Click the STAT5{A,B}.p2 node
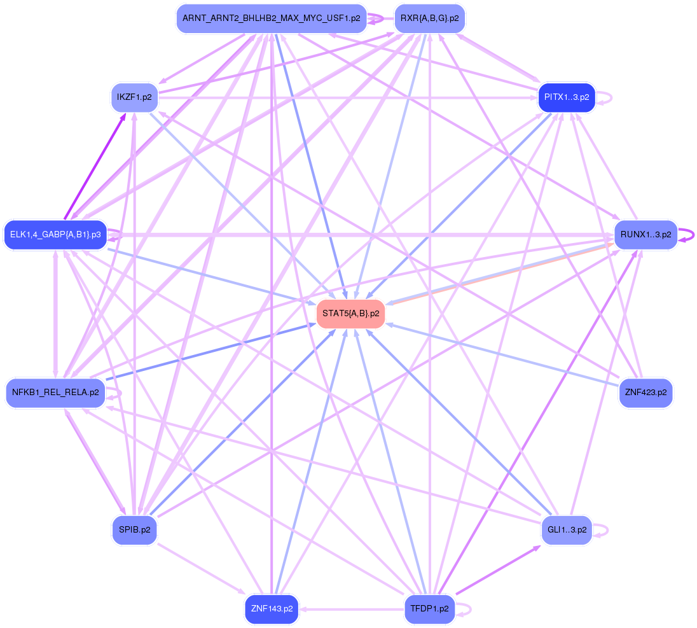pyautogui.click(x=350, y=314)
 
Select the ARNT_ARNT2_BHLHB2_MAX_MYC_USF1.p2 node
pyautogui.click(x=272, y=18)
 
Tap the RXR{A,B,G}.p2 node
pyautogui.click(x=431, y=18)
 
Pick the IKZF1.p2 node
pyautogui.click(x=134, y=97)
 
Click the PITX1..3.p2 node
pyautogui.click(x=567, y=97)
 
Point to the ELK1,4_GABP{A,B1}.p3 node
pyautogui.click(x=55, y=235)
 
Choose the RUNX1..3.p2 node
pyautogui.click(x=645, y=235)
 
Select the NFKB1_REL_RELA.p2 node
pyautogui.click(x=55, y=393)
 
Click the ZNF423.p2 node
pyautogui.click(x=645, y=393)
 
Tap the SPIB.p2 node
pyautogui.click(x=134, y=529)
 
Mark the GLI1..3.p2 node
pyautogui.click(x=567, y=529)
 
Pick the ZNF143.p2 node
pyautogui.click(x=272, y=609)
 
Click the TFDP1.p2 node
pyautogui.click(x=431, y=609)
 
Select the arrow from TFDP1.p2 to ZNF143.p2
pyautogui.click(x=353, y=609)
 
